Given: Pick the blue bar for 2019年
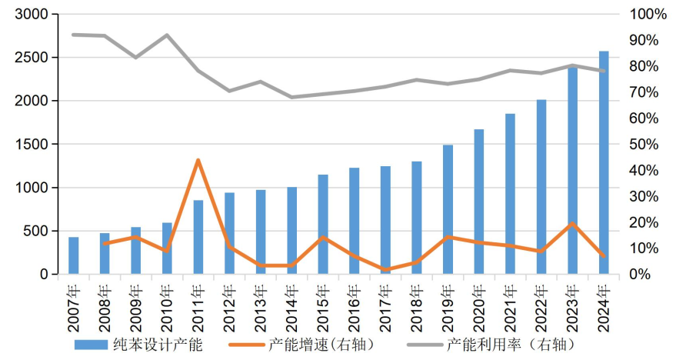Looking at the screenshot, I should pos(448,209).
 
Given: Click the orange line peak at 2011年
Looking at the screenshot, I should pos(198,160).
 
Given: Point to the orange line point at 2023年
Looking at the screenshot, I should pos(572,223).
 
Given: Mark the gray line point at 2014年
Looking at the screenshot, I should pos(291,97).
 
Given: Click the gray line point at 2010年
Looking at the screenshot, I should pos(167,35).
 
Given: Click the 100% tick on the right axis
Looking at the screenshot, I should pos(648,15).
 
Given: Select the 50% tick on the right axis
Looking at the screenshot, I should pos(644,145).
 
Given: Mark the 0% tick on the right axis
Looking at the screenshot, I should pos(641,275).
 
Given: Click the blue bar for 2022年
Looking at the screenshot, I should pos(541,187).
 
